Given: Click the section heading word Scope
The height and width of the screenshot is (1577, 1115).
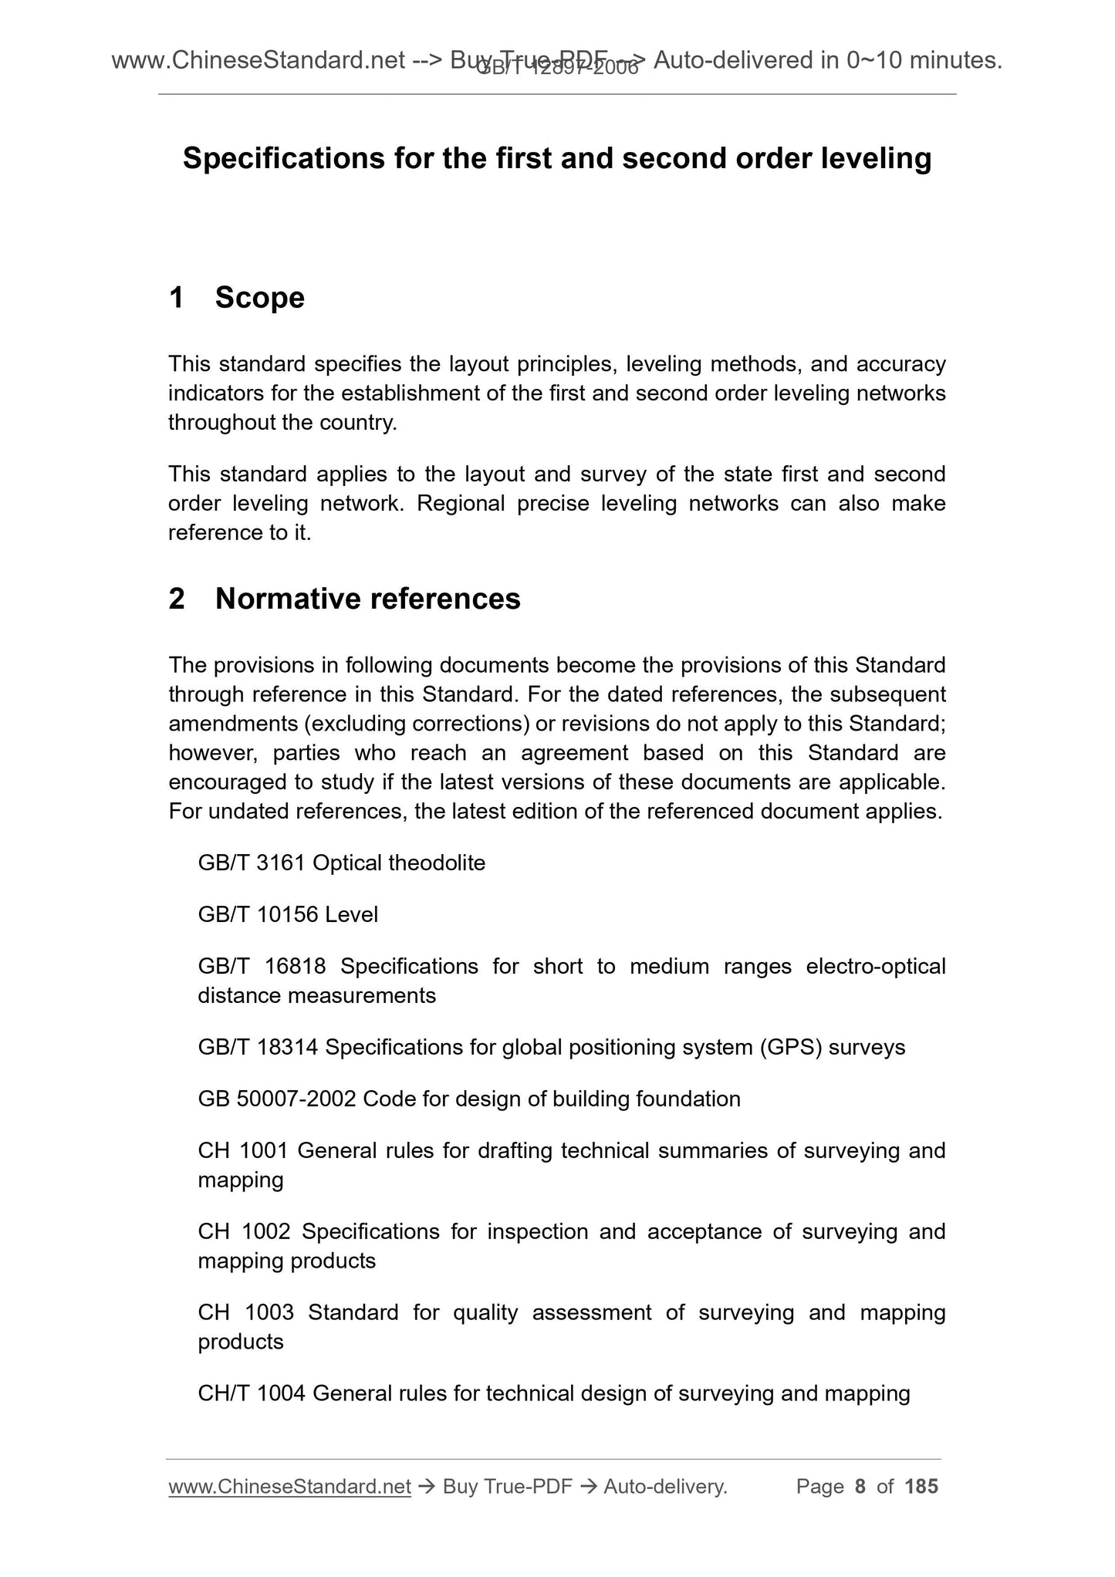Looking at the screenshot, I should point(259,298).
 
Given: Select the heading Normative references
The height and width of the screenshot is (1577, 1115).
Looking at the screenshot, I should point(367,599).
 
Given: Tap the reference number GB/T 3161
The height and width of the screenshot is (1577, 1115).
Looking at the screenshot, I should point(252,863).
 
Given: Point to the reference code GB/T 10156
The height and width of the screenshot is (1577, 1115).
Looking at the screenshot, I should point(258,914).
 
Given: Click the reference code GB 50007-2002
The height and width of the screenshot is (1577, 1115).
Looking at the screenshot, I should point(276,1099).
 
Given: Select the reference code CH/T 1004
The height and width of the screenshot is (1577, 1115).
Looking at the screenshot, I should point(252,1393).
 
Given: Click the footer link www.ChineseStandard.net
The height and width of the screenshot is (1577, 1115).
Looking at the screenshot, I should point(289,1486).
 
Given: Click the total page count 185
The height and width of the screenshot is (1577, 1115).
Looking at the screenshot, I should point(921,1486).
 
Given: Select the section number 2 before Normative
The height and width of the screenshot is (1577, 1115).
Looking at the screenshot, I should point(177,599).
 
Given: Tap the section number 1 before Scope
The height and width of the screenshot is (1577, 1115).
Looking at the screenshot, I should point(177,298).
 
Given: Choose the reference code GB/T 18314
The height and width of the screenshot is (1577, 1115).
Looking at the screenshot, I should point(258,1047).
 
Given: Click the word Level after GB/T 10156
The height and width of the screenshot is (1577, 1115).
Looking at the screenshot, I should point(352,914).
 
